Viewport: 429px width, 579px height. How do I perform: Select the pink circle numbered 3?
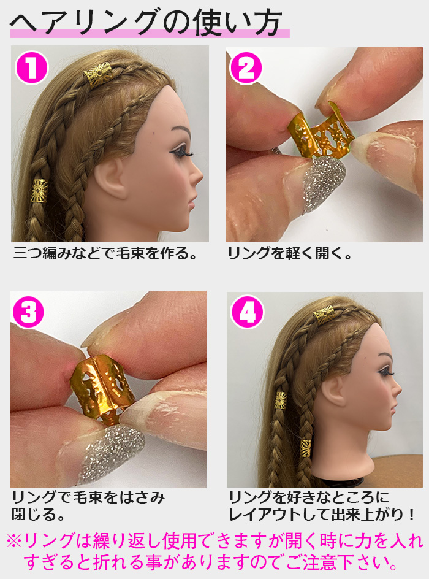click(x=28, y=312)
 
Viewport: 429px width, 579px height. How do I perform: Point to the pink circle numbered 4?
click(x=247, y=312)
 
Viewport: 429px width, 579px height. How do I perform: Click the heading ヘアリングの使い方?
click(x=147, y=23)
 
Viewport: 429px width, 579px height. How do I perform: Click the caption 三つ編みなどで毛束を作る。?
click(x=105, y=253)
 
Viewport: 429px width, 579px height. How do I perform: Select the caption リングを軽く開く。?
click(x=290, y=253)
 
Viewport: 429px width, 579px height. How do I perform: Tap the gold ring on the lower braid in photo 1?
click(x=40, y=191)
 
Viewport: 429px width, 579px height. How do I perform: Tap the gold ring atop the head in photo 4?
click(x=324, y=315)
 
